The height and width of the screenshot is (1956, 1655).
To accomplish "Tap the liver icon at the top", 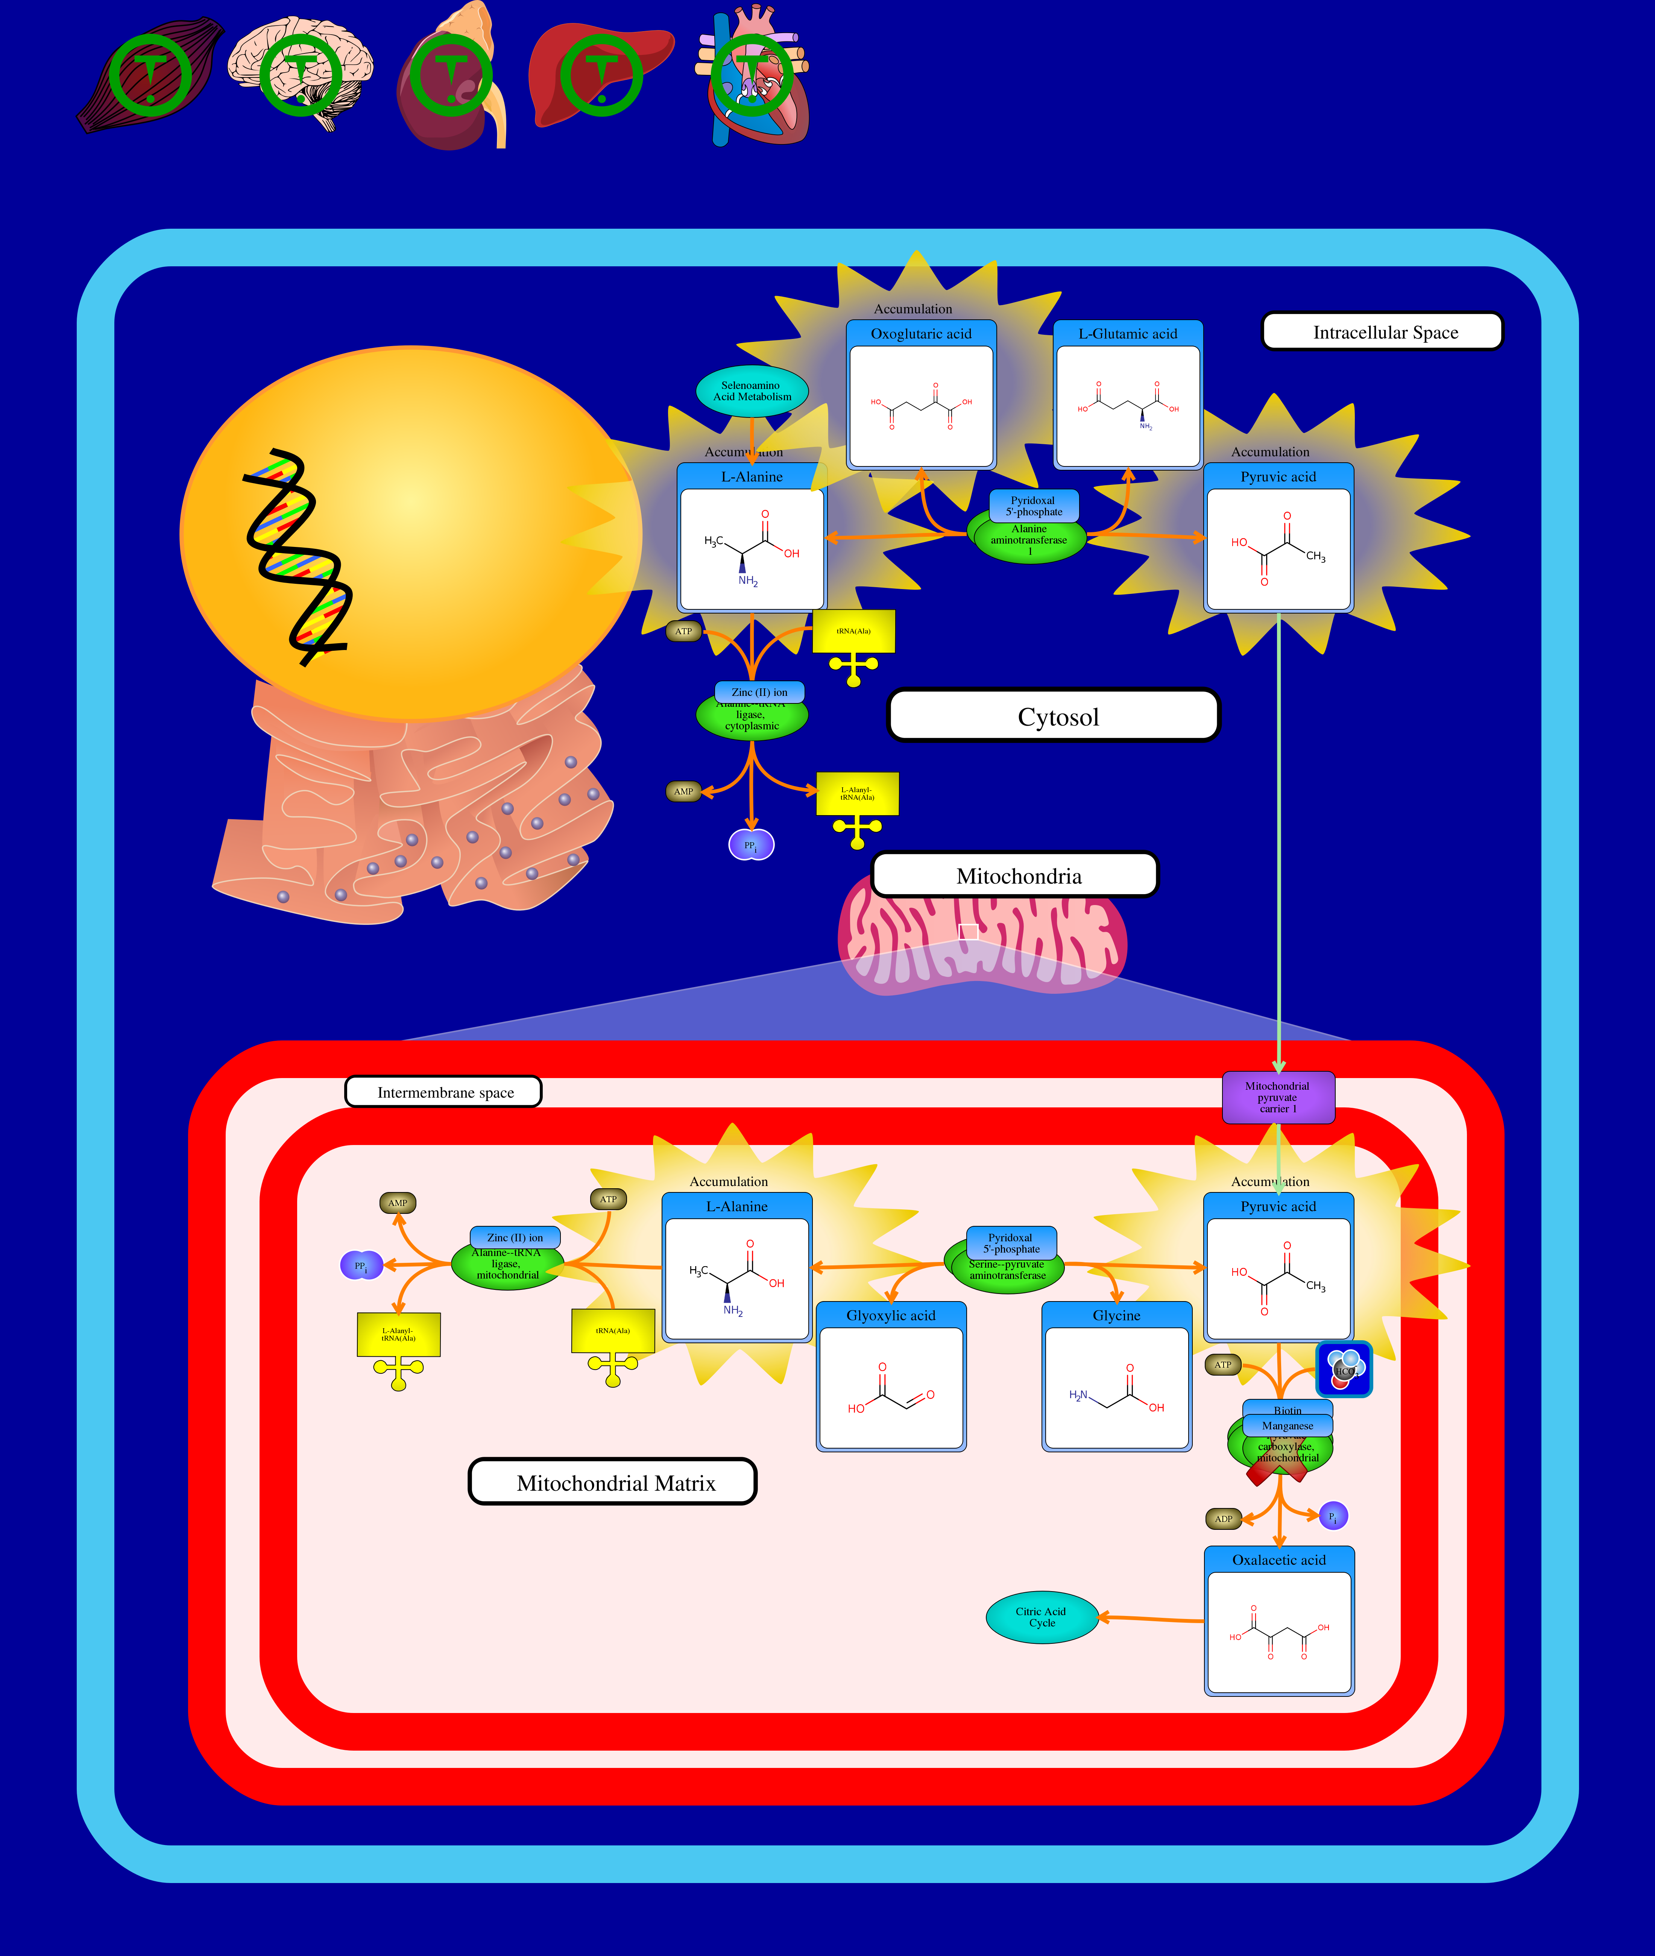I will click(600, 75).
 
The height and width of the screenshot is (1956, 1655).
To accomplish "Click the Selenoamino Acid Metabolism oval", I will click(752, 391).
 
